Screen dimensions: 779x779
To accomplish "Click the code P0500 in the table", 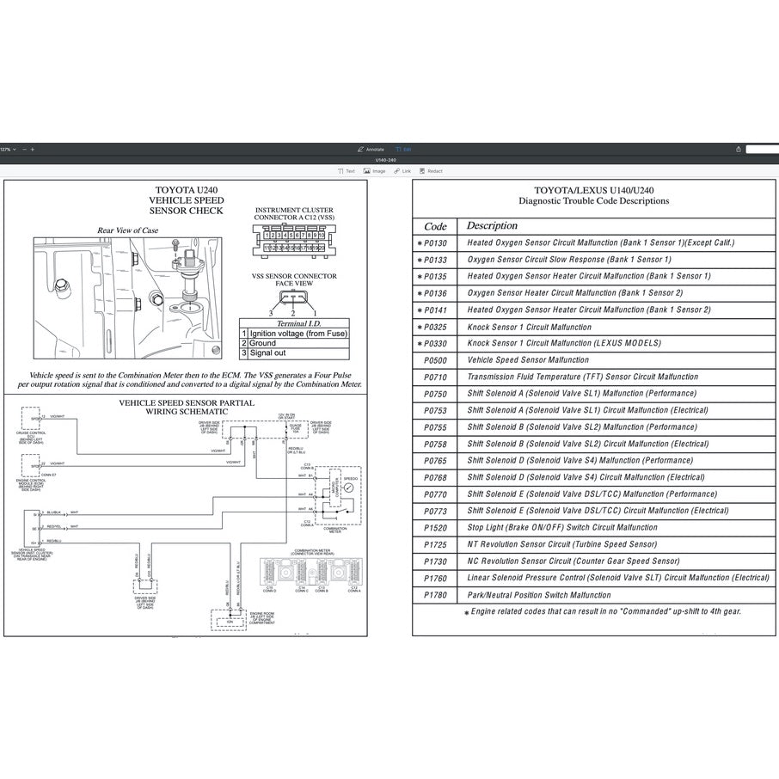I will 435,360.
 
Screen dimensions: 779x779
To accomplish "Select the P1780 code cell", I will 435,595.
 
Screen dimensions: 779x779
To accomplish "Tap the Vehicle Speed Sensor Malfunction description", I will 528,360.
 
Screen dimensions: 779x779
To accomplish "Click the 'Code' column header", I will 436,226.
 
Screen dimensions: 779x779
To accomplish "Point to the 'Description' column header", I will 492,225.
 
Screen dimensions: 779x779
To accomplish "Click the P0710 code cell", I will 435,377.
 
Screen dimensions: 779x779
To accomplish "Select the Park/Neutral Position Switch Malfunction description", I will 539,595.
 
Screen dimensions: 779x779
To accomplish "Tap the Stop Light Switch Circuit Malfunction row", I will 562,528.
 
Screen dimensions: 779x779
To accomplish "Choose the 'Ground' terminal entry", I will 262,343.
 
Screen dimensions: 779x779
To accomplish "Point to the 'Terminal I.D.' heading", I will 294,322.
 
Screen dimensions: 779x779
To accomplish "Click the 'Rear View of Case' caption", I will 127,230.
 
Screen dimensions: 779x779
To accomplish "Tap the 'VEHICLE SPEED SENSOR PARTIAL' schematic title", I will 186,402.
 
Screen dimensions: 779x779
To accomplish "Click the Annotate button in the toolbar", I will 371,149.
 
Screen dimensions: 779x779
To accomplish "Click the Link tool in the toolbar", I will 402,171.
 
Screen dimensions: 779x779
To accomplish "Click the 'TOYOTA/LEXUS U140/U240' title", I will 593,190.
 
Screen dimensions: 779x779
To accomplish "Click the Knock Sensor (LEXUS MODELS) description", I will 564,344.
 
